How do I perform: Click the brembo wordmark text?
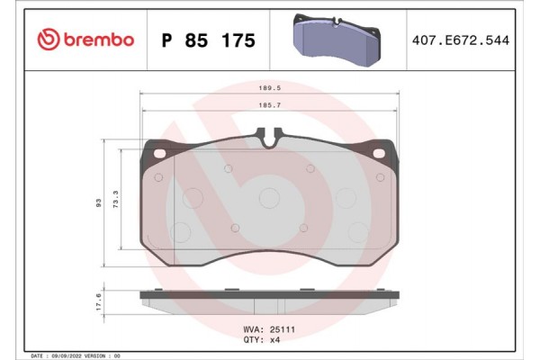(x=100, y=40)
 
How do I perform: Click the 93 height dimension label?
(x=98, y=204)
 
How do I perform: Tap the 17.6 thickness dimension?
(x=98, y=301)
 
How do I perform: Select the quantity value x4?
(x=276, y=341)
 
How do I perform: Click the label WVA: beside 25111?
(x=255, y=330)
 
